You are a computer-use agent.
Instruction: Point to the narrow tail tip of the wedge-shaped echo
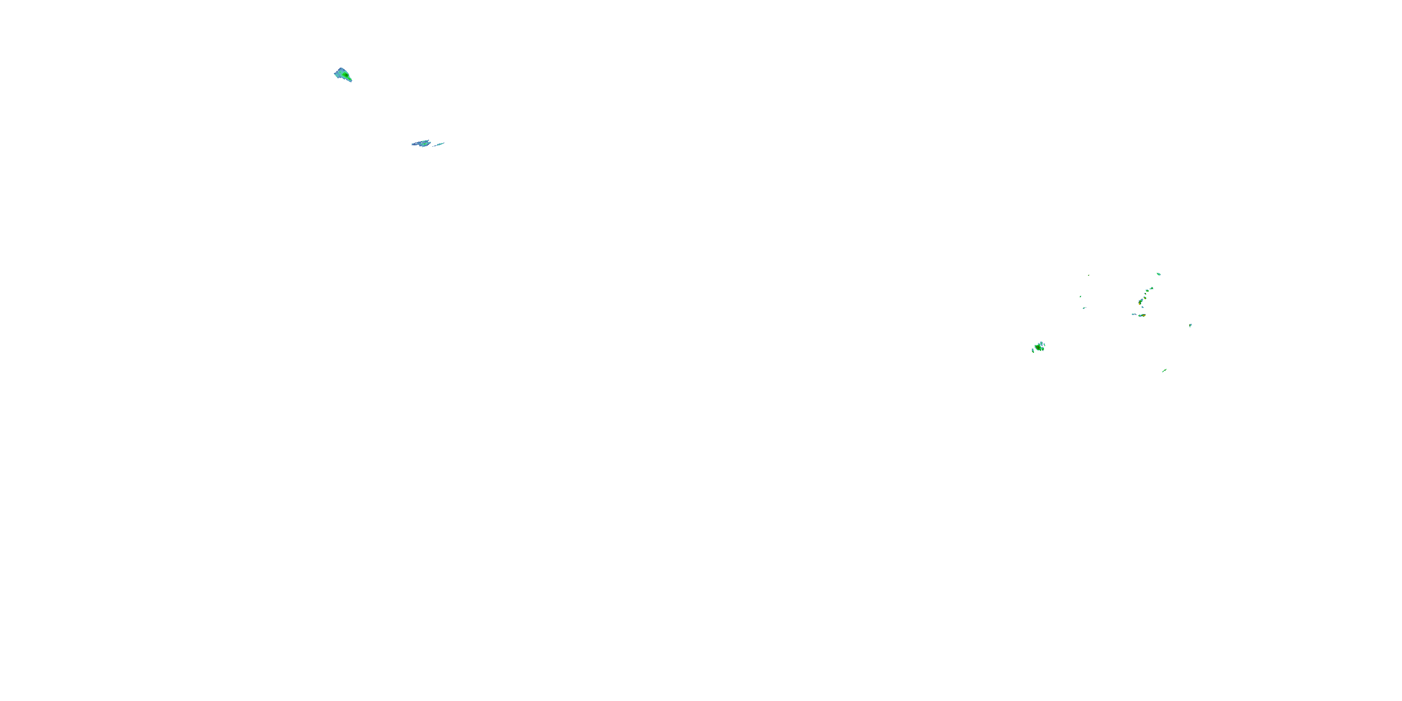350,80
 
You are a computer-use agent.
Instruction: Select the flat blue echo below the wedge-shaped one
421,143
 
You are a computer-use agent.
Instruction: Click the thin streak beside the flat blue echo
439,144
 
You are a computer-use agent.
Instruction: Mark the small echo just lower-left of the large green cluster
1033,351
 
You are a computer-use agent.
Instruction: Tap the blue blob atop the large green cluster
1042,344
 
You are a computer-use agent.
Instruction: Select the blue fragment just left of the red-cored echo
1133,314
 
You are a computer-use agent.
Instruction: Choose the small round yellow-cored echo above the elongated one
1145,298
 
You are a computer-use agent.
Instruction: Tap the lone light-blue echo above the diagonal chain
1159,274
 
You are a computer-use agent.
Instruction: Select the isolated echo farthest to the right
1191,325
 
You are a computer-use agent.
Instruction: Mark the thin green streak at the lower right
1165,371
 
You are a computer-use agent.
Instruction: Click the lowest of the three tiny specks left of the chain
1084,308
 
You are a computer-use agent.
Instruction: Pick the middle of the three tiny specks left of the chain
1081,297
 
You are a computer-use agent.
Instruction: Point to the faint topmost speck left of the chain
1089,275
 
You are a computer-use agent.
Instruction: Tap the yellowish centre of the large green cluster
1038,348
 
